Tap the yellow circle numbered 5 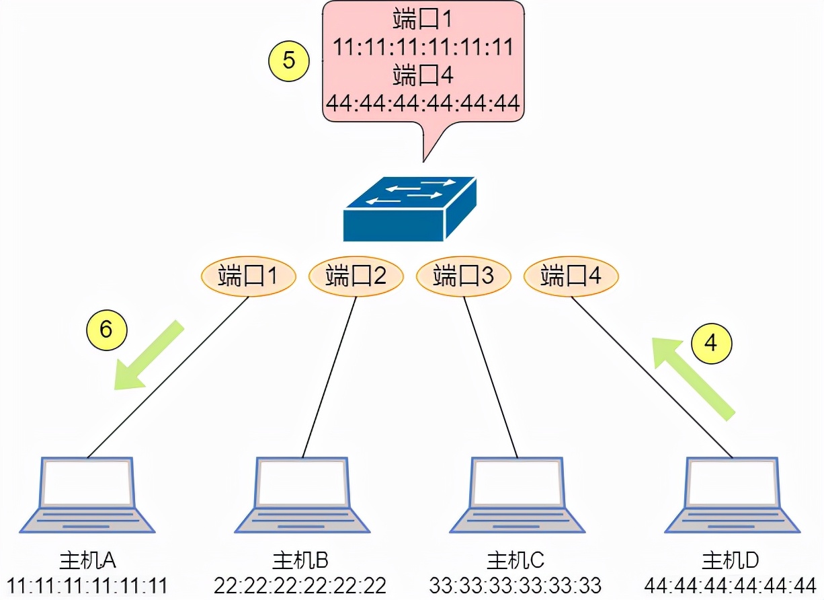pyautogui.click(x=288, y=61)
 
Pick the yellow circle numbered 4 pyautogui.click(x=710, y=343)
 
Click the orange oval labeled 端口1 pyautogui.click(x=248, y=276)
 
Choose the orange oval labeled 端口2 pyautogui.click(x=356, y=276)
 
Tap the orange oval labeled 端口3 pyautogui.click(x=463, y=276)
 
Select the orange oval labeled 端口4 pyautogui.click(x=571, y=276)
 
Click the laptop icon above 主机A pyautogui.click(x=87, y=494)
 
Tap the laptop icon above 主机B pyautogui.click(x=302, y=494)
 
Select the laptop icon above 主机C pyautogui.click(x=517, y=494)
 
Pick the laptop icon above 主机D pyautogui.click(x=732, y=494)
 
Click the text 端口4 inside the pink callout pyautogui.click(x=423, y=75)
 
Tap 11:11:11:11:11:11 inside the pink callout pyautogui.click(x=423, y=47)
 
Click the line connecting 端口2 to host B pyautogui.click(x=329, y=377)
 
